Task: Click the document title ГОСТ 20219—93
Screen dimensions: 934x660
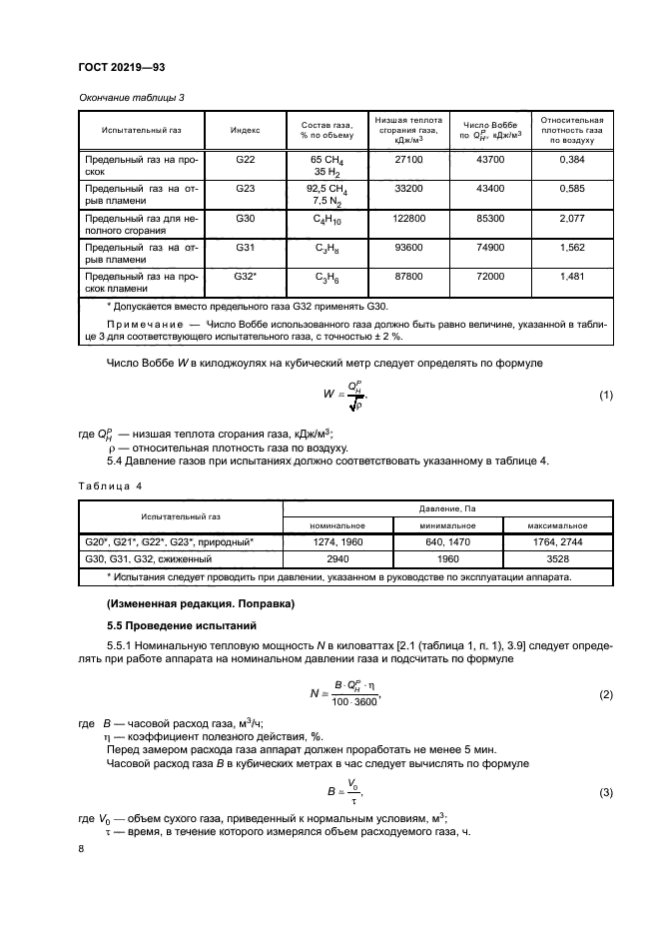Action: coord(121,66)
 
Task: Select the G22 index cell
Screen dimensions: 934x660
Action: coord(245,160)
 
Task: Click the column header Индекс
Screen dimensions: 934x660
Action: coord(245,130)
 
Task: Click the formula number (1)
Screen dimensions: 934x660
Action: coord(605,396)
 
